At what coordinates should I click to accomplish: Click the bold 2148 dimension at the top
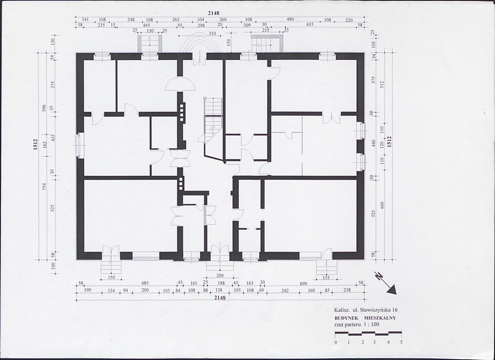tap(213, 13)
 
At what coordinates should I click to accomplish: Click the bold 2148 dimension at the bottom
tap(220, 298)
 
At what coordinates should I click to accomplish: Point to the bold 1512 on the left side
tap(36, 145)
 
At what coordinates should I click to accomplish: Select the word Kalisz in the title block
tap(340, 310)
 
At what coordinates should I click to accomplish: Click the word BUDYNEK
tap(346, 318)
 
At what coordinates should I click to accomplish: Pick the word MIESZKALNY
tap(380, 318)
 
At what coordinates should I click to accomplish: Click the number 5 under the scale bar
tap(401, 342)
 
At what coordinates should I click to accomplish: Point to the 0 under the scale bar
tap(336, 342)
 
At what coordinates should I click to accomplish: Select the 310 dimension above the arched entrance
tap(212, 33)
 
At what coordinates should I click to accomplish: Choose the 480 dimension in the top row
tap(290, 19)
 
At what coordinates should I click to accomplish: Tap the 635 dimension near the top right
tap(310, 24)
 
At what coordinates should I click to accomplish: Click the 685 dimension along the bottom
tap(145, 283)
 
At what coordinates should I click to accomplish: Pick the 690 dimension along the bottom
tap(303, 284)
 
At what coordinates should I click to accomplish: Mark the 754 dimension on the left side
tap(45, 187)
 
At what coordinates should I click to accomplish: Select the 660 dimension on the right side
tap(382, 205)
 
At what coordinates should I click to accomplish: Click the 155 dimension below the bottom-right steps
tap(326, 277)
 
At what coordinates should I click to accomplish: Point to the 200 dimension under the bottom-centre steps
tap(220, 276)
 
